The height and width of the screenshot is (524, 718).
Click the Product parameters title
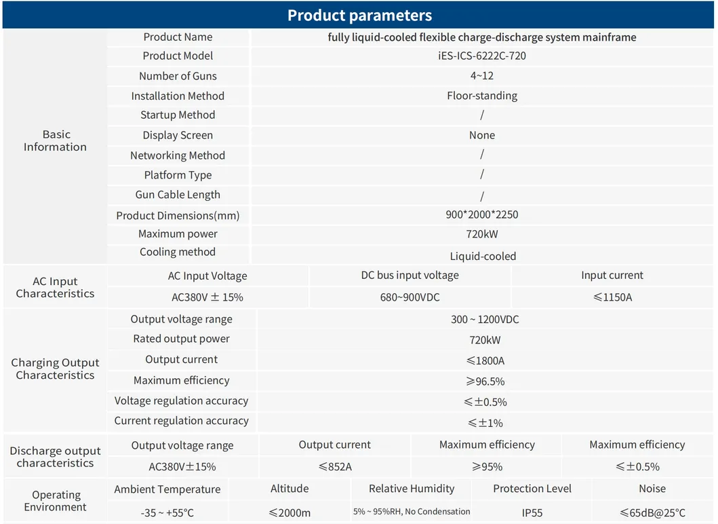click(x=359, y=15)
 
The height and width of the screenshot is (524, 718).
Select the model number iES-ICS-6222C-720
click(x=481, y=56)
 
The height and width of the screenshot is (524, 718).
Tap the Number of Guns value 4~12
click(x=481, y=76)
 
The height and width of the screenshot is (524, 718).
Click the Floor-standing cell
click(x=481, y=96)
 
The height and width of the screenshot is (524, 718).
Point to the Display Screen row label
click(x=178, y=135)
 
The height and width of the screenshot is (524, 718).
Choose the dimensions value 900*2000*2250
click(x=481, y=214)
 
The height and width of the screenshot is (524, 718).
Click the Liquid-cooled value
click(x=483, y=256)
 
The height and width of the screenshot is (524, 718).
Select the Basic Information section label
click(x=55, y=141)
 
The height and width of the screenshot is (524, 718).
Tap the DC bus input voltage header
click(x=410, y=275)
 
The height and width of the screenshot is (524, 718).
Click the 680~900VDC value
click(x=410, y=297)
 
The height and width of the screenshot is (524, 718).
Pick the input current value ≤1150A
click(x=612, y=297)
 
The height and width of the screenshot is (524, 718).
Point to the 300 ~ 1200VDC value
click(x=485, y=319)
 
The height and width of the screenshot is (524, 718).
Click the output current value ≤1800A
click(x=485, y=360)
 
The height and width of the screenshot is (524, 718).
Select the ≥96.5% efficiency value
click(x=485, y=381)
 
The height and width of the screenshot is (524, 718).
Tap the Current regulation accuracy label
click(x=181, y=421)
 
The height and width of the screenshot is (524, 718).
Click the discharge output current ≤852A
click(x=335, y=466)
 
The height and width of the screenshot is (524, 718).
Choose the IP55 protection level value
click(x=532, y=512)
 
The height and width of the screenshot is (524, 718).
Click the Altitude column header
click(x=290, y=489)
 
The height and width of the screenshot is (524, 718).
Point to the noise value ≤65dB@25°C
click(x=652, y=512)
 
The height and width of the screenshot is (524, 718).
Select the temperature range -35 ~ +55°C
click(x=167, y=512)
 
